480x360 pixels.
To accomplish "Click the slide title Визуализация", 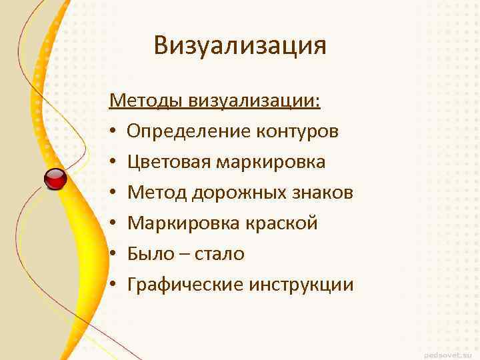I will click(240, 45).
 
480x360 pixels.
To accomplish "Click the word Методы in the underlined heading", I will click(146, 101).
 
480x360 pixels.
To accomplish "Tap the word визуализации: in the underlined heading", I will click(255, 101).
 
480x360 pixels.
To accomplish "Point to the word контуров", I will click(297, 131).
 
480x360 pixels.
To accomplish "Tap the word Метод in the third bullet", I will click(157, 193).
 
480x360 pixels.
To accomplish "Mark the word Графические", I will click(185, 285).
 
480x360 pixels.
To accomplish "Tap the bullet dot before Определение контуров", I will click(115, 132).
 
